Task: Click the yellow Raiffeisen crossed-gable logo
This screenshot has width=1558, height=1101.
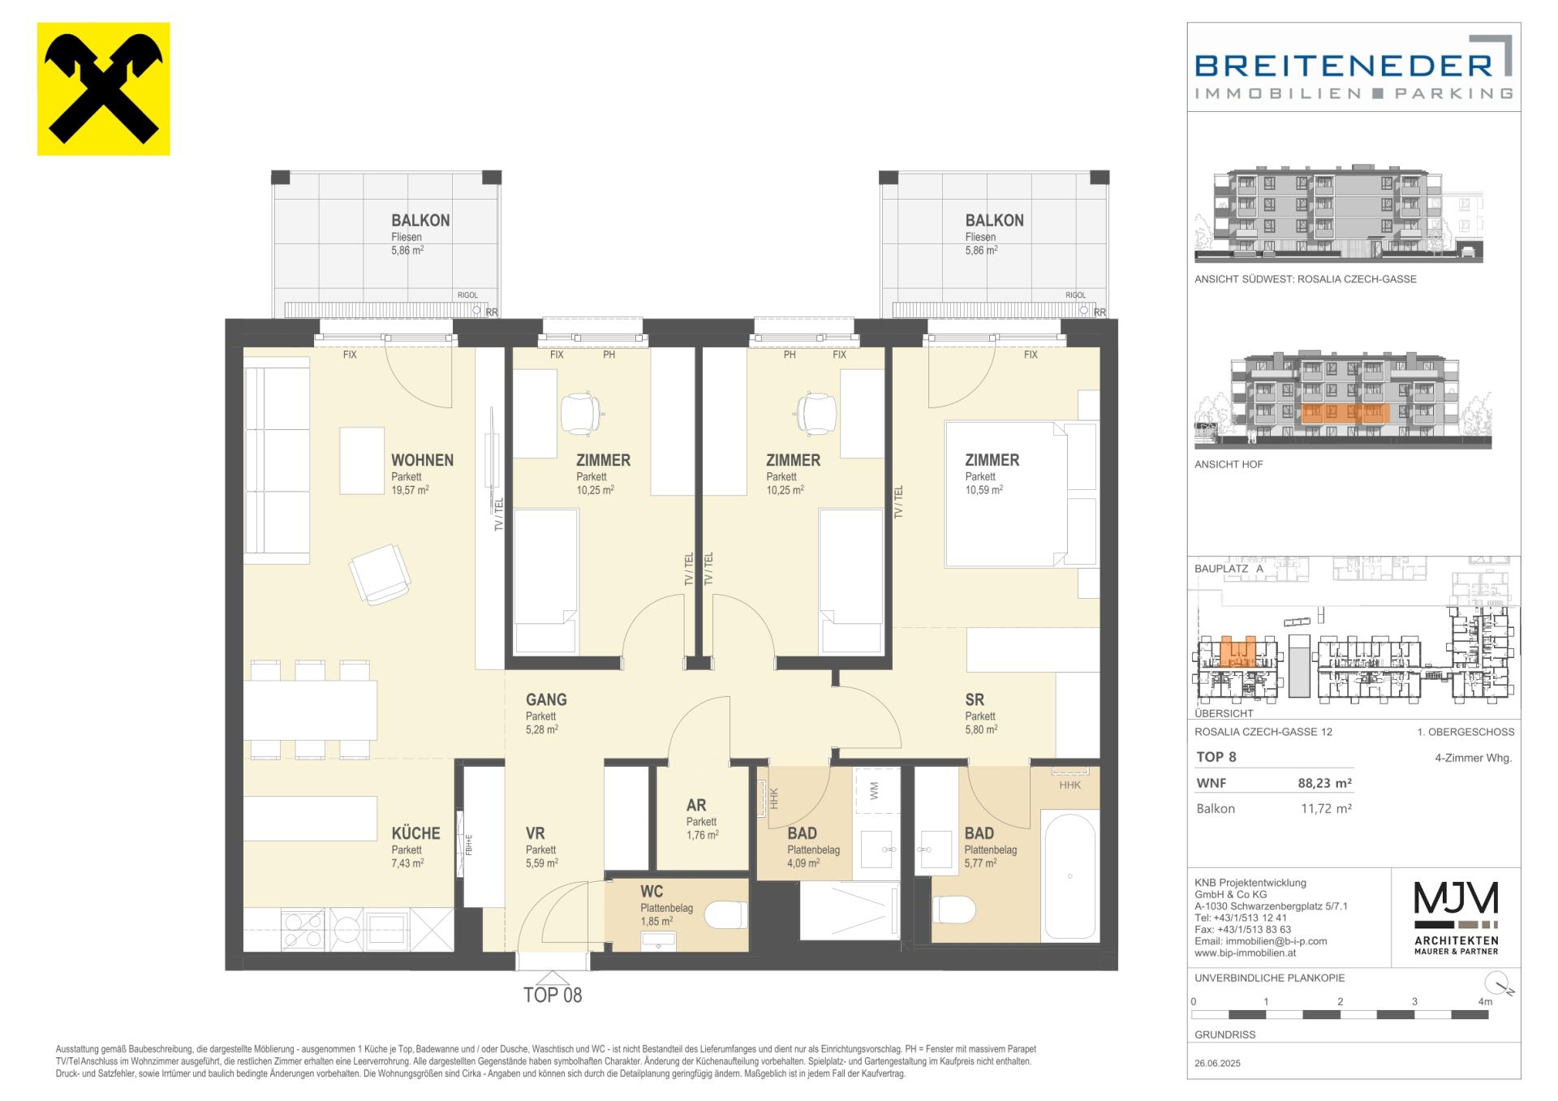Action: pyautogui.click(x=104, y=88)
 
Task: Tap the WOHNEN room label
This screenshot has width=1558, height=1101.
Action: pyautogui.click(x=422, y=460)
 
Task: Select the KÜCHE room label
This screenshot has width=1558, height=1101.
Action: pyautogui.click(x=415, y=833)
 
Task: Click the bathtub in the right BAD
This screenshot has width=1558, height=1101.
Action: pyautogui.click(x=1070, y=875)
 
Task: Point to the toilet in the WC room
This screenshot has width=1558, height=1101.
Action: pyautogui.click(x=725, y=916)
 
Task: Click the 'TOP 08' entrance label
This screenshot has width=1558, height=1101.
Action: pyautogui.click(x=553, y=995)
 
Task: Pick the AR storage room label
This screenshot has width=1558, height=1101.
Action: pyautogui.click(x=696, y=805)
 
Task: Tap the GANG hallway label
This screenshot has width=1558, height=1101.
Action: pyautogui.click(x=546, y=699)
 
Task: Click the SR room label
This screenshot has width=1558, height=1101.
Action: pyautogui.click(x=975, y=699)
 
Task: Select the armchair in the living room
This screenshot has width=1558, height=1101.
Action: pyautogui.click(x=379, y=574)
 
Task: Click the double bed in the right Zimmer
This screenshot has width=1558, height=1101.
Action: pyautogui.click(x=1006, y=494)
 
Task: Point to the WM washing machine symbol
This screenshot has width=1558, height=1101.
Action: pyautogui.click(x=875, y=792)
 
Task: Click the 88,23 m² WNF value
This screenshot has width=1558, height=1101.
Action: pyautogui.click(x=1325, y=783)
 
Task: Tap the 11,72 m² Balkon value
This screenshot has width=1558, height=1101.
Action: pyautogui.click(x=1326, y=808)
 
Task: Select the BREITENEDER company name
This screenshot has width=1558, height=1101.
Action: pyautogui.click(x=1344, y=65)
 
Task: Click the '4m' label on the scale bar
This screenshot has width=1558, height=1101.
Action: pyautogui.click(x=1485, y=1002)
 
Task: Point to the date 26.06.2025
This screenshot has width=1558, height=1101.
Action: pyautogui.click(x=1217, y=1063)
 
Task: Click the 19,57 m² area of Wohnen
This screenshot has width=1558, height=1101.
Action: pyautogui.click(x=410, y=490)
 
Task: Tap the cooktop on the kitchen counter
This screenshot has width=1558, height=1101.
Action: pyautogui.click(x=320, y=930)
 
